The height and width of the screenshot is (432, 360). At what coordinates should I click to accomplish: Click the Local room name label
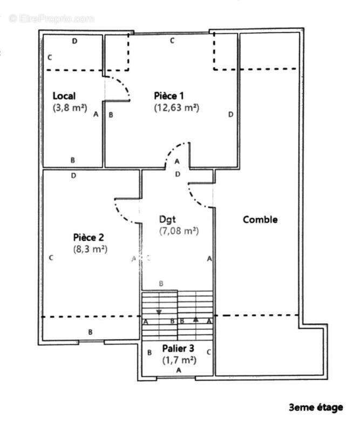[64, 96]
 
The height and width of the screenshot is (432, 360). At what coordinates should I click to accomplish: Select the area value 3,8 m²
[70, 107]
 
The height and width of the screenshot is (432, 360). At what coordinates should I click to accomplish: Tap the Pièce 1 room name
[168, 96]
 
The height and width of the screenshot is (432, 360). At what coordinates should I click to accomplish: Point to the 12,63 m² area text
[176, 107]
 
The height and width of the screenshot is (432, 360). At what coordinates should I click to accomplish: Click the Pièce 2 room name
[88, 237]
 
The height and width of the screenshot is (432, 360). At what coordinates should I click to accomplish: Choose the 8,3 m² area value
[90, 249]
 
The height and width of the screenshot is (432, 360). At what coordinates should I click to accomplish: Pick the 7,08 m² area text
[179, 231]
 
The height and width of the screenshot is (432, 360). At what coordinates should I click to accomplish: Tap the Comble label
[260, 219]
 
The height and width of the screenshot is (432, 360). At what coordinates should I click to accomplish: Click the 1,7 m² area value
[179, 359]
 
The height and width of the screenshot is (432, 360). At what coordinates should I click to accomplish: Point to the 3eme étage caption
[316, 408]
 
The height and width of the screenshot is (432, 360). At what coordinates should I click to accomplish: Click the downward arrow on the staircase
[159, 312]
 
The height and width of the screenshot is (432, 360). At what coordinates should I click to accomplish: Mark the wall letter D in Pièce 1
[230, 114]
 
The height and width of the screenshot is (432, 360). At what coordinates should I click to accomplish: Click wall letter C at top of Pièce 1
[172, 40]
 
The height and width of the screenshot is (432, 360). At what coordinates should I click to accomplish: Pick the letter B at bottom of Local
[73, 160]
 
